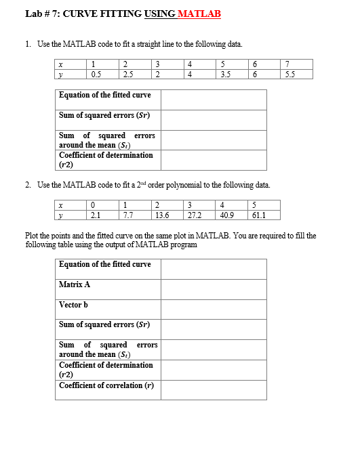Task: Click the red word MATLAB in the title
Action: click(199, 14)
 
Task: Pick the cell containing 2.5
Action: click(129, 74)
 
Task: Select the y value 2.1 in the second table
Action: click(96, 216)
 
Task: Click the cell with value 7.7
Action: click(128, 216)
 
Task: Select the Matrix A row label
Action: click(75, 284)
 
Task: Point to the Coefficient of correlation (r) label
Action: click(106, 385)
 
